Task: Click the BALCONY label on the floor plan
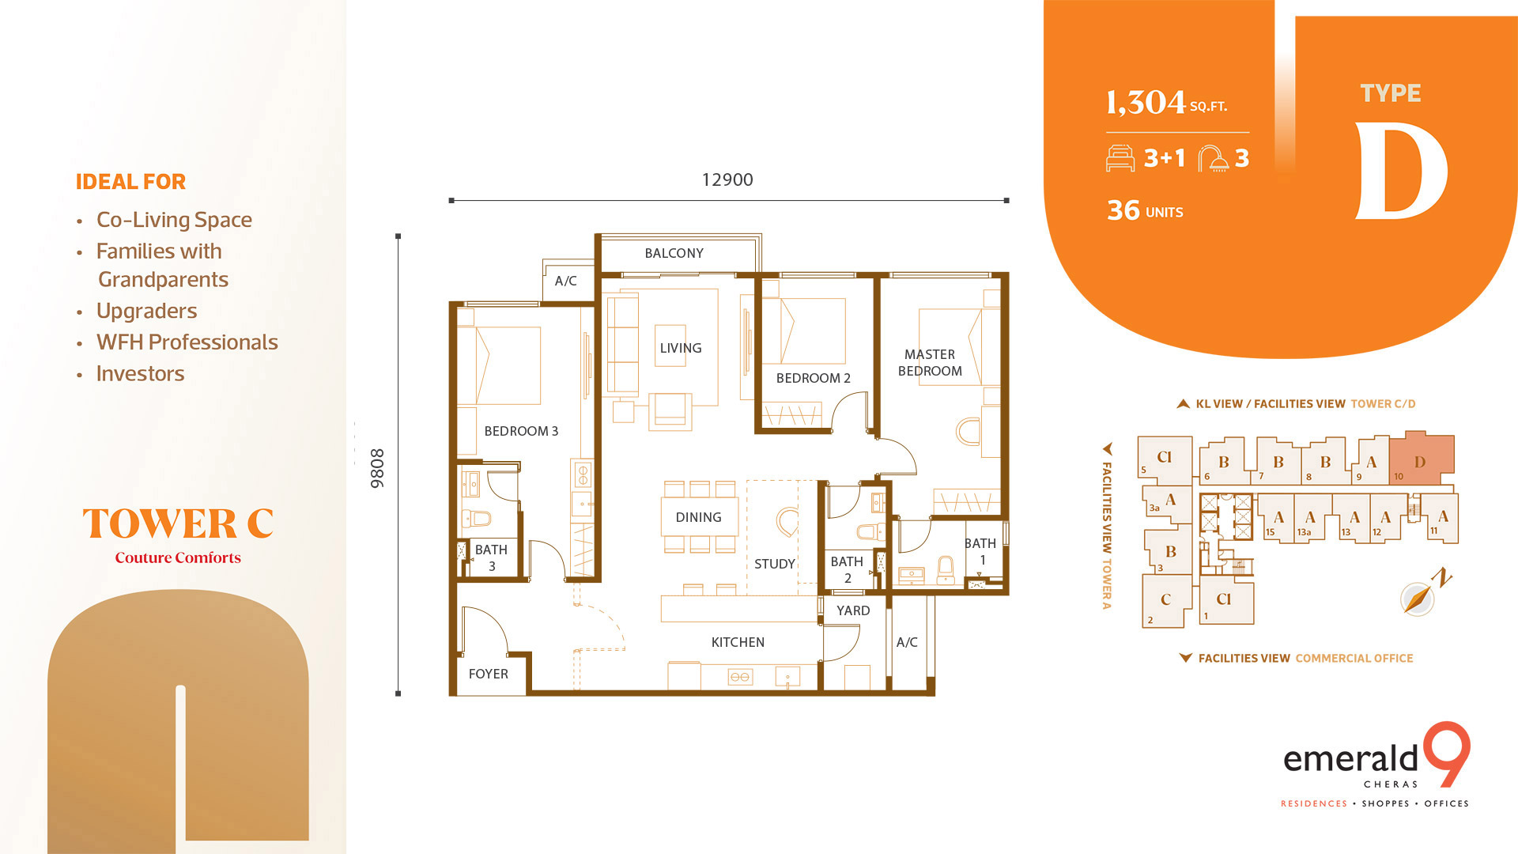pos(674,253)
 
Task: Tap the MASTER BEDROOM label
pos(930,363)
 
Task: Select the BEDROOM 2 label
pos(813,378)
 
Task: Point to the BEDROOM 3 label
pos(521,431)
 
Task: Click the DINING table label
pos(698,517)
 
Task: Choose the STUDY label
pos(774,564)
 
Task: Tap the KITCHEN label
pos(738,642)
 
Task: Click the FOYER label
pos(488,674)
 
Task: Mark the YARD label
pos(853,610)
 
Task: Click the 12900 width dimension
pos(727,179)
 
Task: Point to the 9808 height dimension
pos(377,468)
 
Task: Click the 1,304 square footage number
pos(1146,103)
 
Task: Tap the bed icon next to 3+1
pos(1120,158)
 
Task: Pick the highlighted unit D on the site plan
pos(1422,459)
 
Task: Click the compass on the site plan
pos(1418,598)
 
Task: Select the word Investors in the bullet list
pos(140,373)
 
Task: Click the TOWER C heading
pos(178,523)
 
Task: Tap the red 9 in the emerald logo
pos(1448,754)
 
